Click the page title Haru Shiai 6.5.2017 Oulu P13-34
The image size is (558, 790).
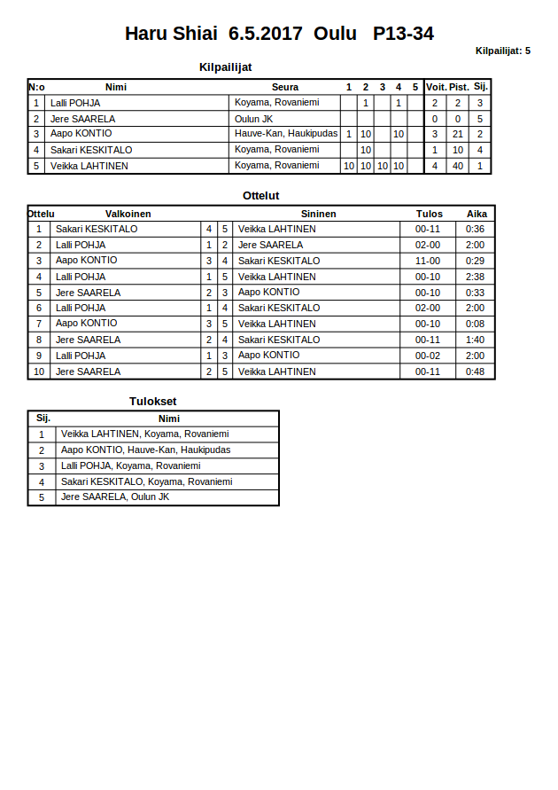[279, 34]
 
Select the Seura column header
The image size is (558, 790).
[284, 87]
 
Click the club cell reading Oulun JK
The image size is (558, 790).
[253, 119]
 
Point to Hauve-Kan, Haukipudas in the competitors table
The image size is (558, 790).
[286, 134]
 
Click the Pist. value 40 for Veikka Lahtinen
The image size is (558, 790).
[458, 166]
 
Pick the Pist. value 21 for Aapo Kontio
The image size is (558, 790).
[458, 134]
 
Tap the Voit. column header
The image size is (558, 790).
[436, 87]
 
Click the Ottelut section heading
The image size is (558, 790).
[261, 195]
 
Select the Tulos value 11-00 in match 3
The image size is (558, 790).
[428, 261]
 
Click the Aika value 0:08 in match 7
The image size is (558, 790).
[476, 324]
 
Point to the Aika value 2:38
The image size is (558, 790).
[476, 277]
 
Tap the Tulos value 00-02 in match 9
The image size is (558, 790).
[428, 356]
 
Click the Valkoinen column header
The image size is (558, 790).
[128, 214]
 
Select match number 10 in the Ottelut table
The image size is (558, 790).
[39, 372]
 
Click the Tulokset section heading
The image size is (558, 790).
[153, 401]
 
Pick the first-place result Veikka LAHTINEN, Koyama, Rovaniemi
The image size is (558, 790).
[145, 434]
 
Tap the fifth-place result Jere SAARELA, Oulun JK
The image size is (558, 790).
[115, 497]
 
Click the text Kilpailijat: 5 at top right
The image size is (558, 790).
[502, 51]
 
